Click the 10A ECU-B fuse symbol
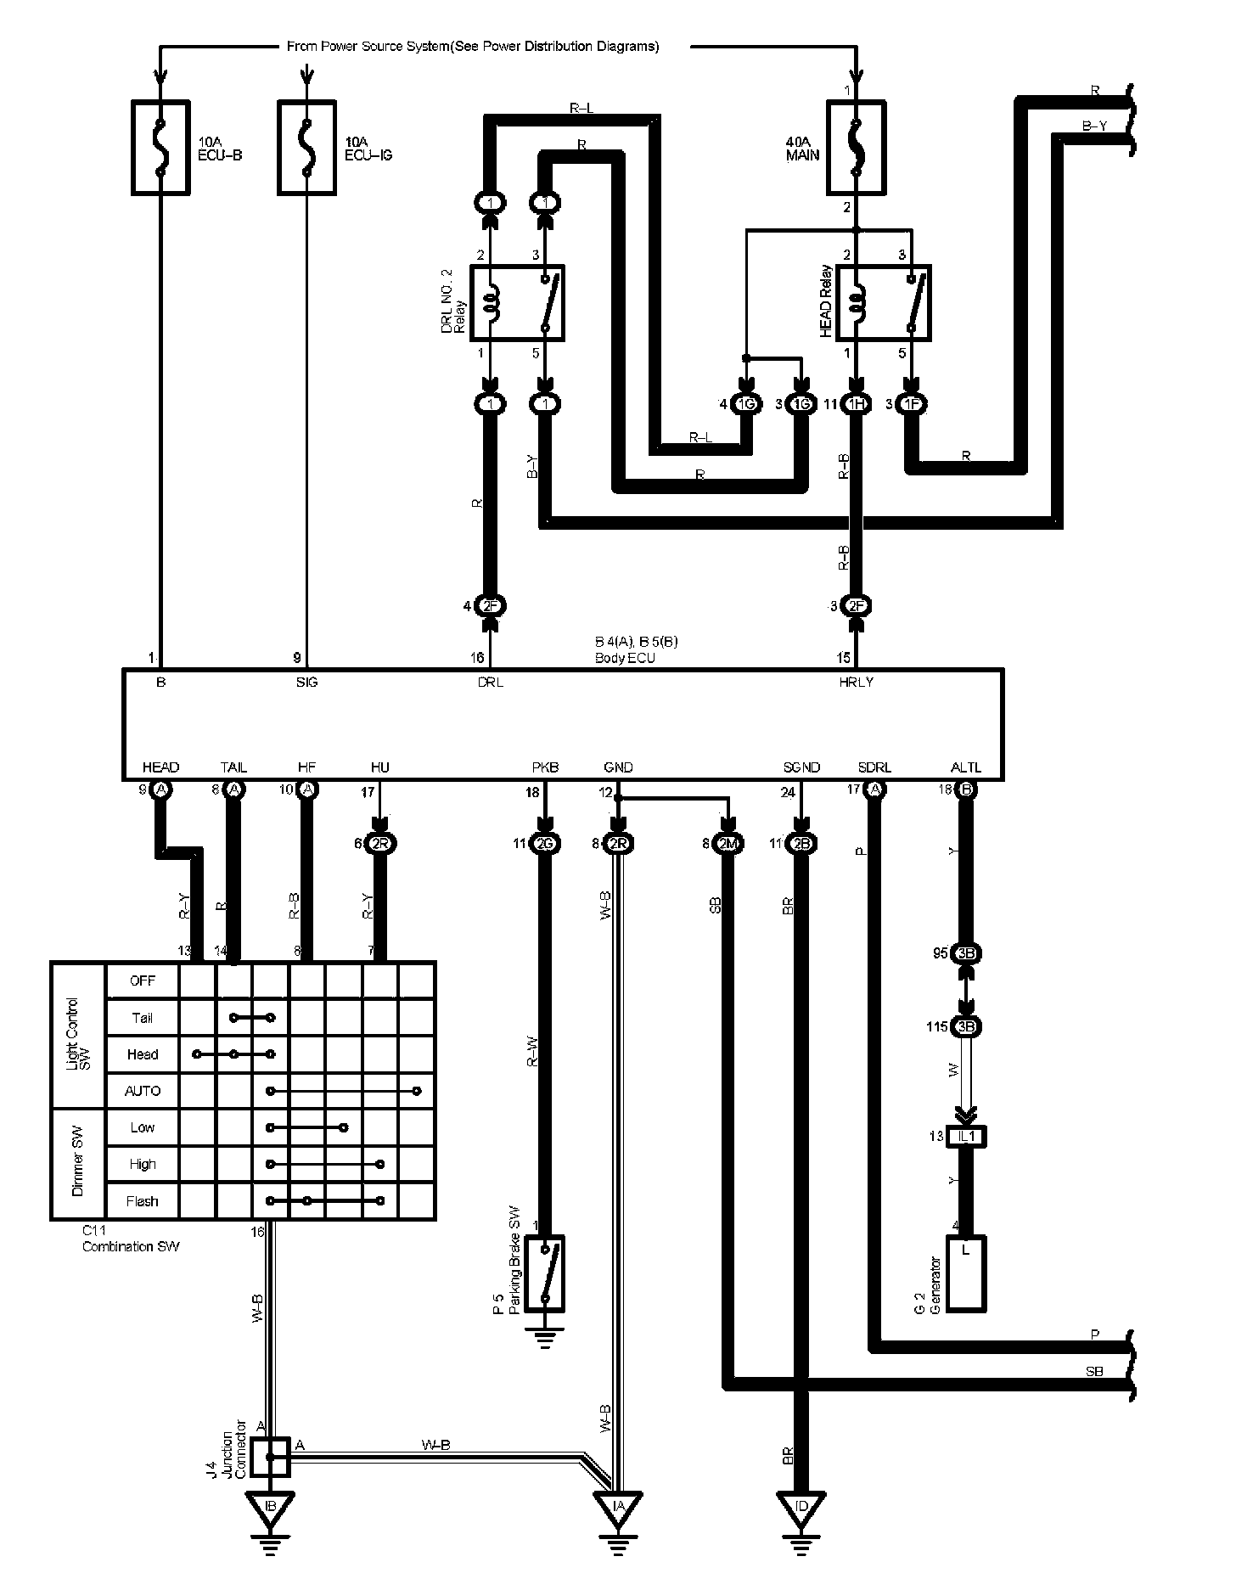(x=160, y=148)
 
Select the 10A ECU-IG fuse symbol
(x=306, y=148)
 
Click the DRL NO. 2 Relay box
(x=517, y=303)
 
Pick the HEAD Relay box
(x=883, y=303)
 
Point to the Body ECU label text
(x=625, y=657)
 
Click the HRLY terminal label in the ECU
(x=856, y=682)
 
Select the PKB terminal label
(x=545, y=767)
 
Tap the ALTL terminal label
(x=966, y=767)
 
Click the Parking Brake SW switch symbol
(x=545, y=1273)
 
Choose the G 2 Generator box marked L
(x=966, y=1273)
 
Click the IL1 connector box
(x=966, y=1136)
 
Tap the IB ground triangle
(x=271, y=1506)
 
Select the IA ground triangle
(x=618, y=1506)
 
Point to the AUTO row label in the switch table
(x=143, y=1091)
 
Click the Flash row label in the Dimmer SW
(x=143, y=1201)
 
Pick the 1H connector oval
(x=856, y=405)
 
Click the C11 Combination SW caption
(x=131, y=1240)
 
